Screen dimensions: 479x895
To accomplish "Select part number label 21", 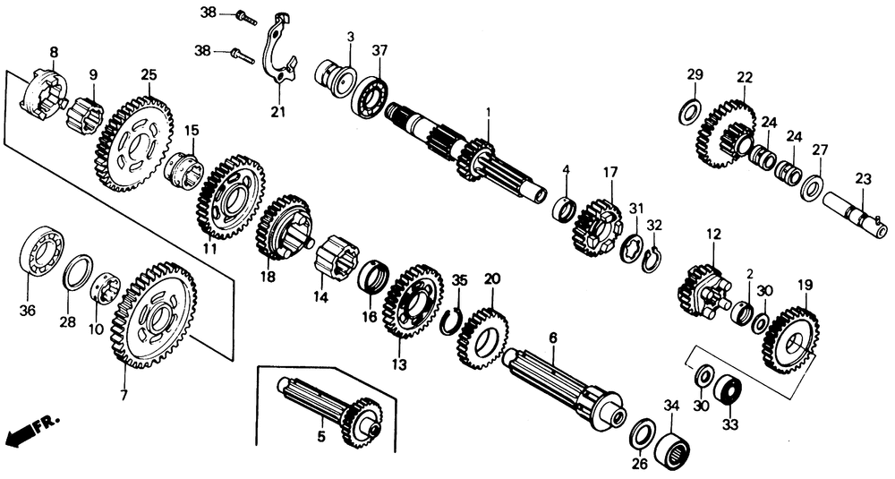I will pos(277,111).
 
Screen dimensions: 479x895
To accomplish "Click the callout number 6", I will pos(553,338).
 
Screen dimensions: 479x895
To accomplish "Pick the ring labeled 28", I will pos(78,272).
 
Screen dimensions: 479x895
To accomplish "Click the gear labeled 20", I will pos(484,338).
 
